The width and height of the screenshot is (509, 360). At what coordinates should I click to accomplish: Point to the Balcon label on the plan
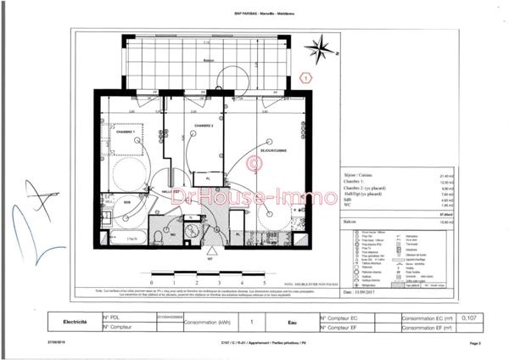coord(207,61)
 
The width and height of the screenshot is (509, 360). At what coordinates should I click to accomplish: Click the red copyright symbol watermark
coord(251,162)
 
